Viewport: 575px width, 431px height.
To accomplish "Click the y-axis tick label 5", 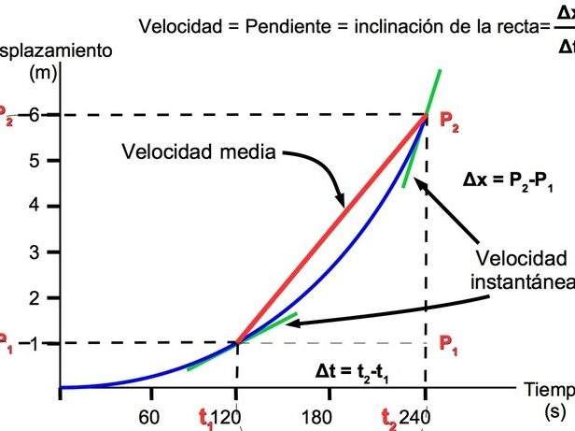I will [x=35, y=161].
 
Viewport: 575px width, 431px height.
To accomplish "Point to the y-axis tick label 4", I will [x=35, y=206].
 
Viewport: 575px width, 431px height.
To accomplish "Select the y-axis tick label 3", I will [x=35, y=251].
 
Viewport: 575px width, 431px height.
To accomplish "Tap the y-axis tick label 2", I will [x=35, y=297].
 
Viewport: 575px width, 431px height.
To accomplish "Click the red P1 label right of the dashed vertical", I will [x=449, y=343].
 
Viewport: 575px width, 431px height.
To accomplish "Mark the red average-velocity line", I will [x=331, y=229].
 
